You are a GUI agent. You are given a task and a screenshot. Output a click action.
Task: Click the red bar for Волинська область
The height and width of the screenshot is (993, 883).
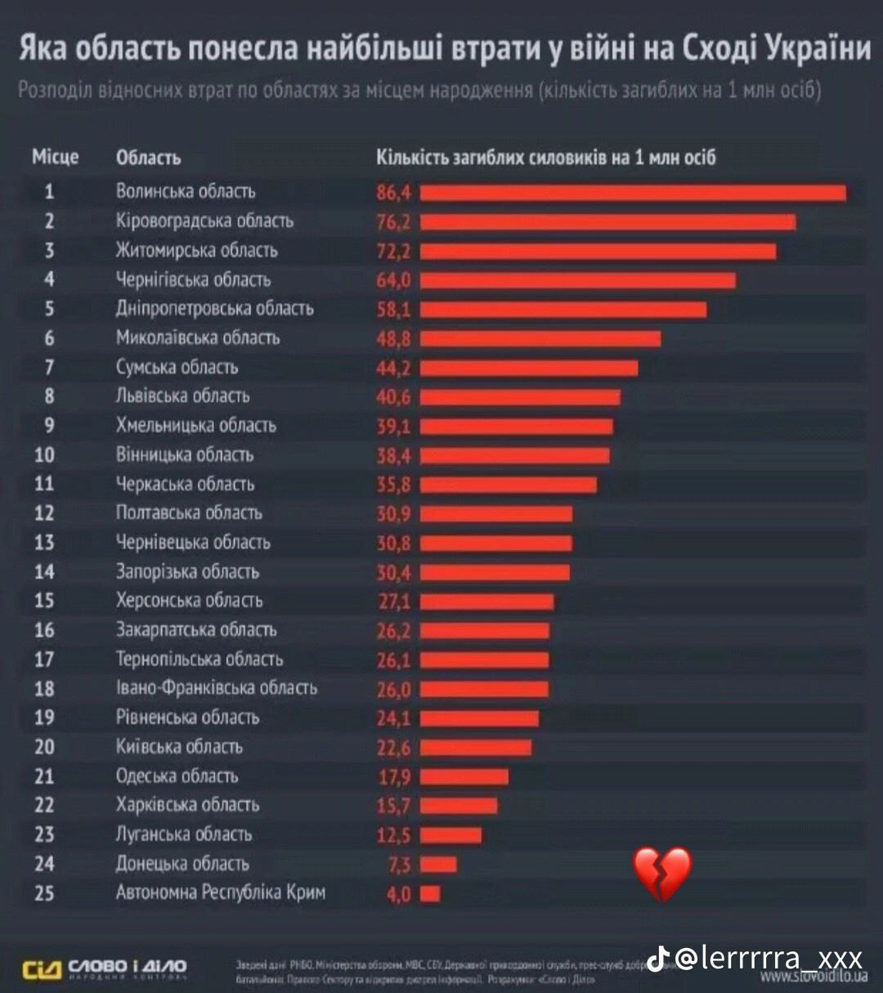(x=633, y=193)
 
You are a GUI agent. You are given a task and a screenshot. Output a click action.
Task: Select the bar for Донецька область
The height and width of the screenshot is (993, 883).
(x=438, y=865)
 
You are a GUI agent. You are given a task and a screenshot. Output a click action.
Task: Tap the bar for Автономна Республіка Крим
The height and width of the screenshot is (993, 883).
(x=430, y=894)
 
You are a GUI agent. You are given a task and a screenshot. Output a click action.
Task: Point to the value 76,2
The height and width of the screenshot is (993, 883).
(x=393, y=222)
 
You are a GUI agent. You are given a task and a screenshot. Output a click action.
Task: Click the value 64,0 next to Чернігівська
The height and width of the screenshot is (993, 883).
(x=393, y=280)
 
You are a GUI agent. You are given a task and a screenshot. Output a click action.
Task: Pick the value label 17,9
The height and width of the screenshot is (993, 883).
(x=394, y=776)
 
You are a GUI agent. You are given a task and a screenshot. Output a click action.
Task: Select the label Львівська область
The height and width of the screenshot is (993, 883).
(x=182, y=396)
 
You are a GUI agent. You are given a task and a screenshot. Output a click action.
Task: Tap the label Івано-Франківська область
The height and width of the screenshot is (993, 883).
(x=216, y=688)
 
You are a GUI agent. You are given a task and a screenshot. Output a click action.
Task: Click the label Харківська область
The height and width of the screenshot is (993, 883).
(x=187, y=805)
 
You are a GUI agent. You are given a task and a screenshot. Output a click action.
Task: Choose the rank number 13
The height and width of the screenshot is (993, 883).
(x=44, y=543)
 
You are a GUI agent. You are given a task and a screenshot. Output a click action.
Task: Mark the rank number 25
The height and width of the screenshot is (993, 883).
(x=44, y=893)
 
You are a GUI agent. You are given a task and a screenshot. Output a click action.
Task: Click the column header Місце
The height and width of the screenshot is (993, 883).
(x=56, y=157)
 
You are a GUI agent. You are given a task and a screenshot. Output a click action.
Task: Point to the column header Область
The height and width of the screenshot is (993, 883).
(x=148, y=158)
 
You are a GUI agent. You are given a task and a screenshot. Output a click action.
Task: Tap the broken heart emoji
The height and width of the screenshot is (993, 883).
(x=662, y=874)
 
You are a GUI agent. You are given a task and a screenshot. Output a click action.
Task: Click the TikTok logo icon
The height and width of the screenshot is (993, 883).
(x=659, y=957)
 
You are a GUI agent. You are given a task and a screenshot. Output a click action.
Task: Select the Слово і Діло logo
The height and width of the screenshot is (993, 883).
(x=105, y=968)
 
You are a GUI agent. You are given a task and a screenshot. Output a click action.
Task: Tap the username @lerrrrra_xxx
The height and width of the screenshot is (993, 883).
(x=769, y=957)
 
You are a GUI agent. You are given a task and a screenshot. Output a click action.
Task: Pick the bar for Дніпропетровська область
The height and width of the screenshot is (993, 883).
(x=563, y=310)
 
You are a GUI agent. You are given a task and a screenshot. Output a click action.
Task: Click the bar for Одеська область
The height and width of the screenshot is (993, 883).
(x=464, y=776)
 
